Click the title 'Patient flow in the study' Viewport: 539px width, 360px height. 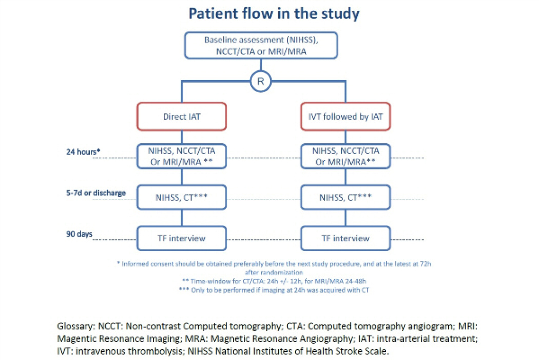pyautogui.click(x=274, y=14)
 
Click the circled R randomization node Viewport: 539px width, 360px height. pyautogui.click(x=261, y=81)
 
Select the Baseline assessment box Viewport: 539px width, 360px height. pyautogui.click(x=261, y=45)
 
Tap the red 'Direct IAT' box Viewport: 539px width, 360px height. pyautogui.click(x=182, y=117)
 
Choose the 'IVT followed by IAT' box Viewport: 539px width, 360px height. pyautogui.click(x=345, y=117)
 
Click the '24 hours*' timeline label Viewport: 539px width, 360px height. pyautogui.click(x=83, y=151)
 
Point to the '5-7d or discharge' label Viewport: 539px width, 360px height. pyautogui.click(x=96, y=193)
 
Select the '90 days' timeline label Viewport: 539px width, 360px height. pyautogui.click(x=79, y=234)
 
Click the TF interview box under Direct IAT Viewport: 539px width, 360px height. pyautogui.click(x=182, y=238)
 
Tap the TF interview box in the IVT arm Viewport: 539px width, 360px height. pyautogui.click(x=345, y=238)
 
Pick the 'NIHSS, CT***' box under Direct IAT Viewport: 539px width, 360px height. pyautogui.click(x=182, y=197)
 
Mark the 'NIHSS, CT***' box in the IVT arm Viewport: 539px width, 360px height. pyautogui.click(x=345, y=197)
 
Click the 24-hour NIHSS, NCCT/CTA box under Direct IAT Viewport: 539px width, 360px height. pyautogui.click(x=182, y=156)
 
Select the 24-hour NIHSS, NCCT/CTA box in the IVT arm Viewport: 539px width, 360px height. pyautogui.click(x=345, y=156)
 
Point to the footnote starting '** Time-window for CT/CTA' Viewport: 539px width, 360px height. pyautogui.click(x=274, y=281)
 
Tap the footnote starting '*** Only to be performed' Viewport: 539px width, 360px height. pyautogui.click(x=274, y=290)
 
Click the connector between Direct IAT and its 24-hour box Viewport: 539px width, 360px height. pyautogui.click(x=182, y=137)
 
